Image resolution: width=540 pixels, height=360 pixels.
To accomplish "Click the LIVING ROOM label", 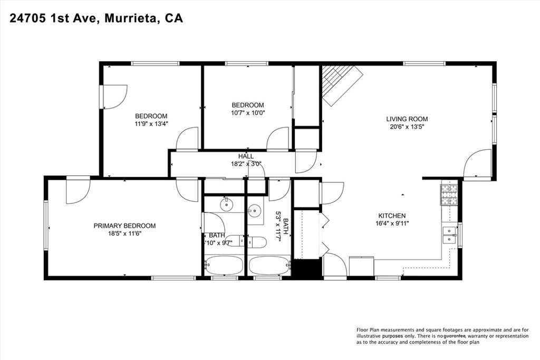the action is click(407, 119).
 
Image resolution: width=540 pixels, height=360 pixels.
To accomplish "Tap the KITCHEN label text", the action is click(392, 216).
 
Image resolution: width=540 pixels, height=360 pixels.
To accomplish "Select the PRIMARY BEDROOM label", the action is click(124, 226).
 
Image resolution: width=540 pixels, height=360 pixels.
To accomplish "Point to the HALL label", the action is click(246, 156).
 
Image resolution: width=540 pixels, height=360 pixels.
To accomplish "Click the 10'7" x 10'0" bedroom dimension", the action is click(248, 113).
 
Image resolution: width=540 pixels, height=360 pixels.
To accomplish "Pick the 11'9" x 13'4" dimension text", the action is click(151, 123).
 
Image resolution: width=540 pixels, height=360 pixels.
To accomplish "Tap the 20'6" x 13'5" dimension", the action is click(407, 127).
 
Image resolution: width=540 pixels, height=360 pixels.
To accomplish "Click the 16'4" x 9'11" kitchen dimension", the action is click(392, 223).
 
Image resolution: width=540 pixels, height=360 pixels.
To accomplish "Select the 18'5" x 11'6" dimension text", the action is click(124, 233).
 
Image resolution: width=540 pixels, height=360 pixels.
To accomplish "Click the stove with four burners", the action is click(449, 195).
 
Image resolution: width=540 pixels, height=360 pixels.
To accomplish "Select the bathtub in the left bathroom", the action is click(224, 265).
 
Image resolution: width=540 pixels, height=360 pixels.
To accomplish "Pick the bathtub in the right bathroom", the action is click(269, 265).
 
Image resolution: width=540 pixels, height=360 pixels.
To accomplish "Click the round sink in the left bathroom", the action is click(227, 206).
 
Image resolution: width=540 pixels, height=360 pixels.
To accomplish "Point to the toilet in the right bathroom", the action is click(257, 242).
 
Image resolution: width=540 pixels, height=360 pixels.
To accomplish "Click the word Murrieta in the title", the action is click(131, 18).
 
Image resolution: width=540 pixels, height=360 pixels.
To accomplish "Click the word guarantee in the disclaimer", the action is click(455, 336).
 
